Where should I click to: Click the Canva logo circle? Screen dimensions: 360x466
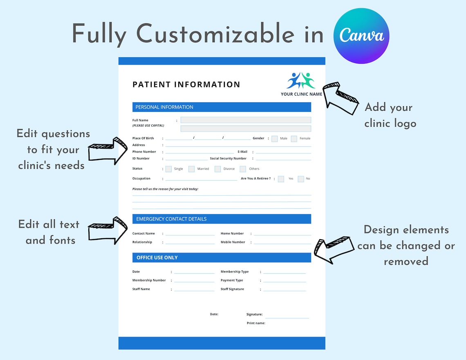coord(361,36)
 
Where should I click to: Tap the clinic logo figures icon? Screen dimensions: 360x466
coord(301,80)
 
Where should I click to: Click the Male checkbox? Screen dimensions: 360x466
coord(274,139)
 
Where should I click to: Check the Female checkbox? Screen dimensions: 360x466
coord(294,139)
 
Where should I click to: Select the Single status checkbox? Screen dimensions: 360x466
coord(168,169)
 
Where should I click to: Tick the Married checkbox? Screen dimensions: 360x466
coord(191,169)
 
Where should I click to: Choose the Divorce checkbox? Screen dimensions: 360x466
coord(217,169)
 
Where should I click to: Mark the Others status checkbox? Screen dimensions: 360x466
coord(243,169)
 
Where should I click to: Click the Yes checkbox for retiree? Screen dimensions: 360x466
coord(281,179)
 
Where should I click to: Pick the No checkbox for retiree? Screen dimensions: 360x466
coord(301,179)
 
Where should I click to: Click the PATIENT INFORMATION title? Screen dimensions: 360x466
coord(186,85)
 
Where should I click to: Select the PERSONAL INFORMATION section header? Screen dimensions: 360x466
coord(164,107)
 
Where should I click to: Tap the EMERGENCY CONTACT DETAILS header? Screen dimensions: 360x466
coord(171,219)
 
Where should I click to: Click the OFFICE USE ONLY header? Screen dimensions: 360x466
coord(157,257)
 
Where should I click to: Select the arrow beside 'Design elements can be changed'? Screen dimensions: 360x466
coord(333,249)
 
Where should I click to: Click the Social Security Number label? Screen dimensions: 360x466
coord(228,159)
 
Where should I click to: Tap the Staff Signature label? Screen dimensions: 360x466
coord(232,289)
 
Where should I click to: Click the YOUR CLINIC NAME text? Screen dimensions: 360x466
coord(301,94)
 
